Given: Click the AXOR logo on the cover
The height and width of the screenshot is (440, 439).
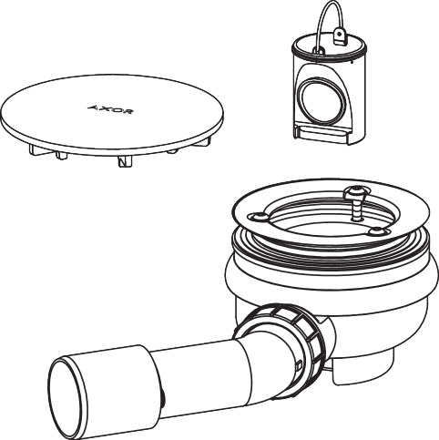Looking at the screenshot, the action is [109, 109].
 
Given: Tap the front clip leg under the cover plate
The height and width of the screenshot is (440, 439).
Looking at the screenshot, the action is [125, 161].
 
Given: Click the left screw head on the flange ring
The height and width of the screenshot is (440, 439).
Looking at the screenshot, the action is [259, 217].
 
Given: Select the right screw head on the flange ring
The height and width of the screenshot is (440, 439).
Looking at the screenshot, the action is [377, 230].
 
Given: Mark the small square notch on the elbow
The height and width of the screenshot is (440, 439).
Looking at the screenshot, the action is [298, 364].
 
